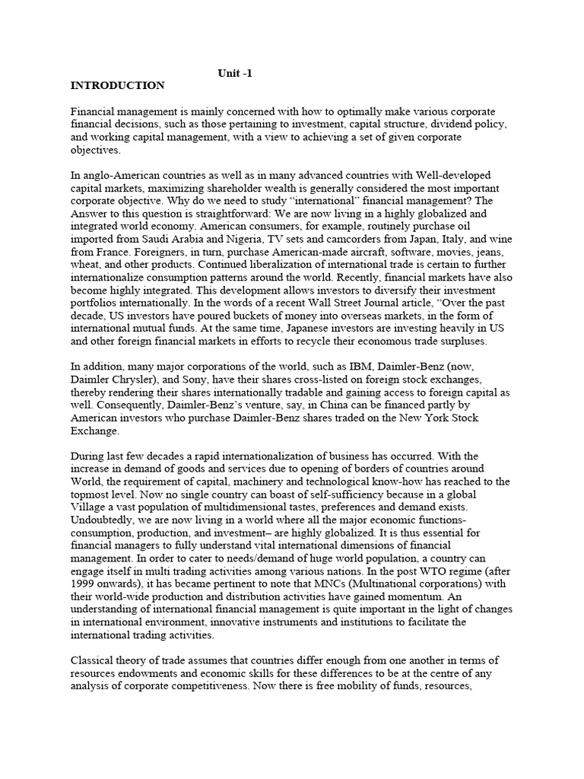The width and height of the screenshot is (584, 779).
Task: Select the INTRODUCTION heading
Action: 117,85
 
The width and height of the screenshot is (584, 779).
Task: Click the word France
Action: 113,253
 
